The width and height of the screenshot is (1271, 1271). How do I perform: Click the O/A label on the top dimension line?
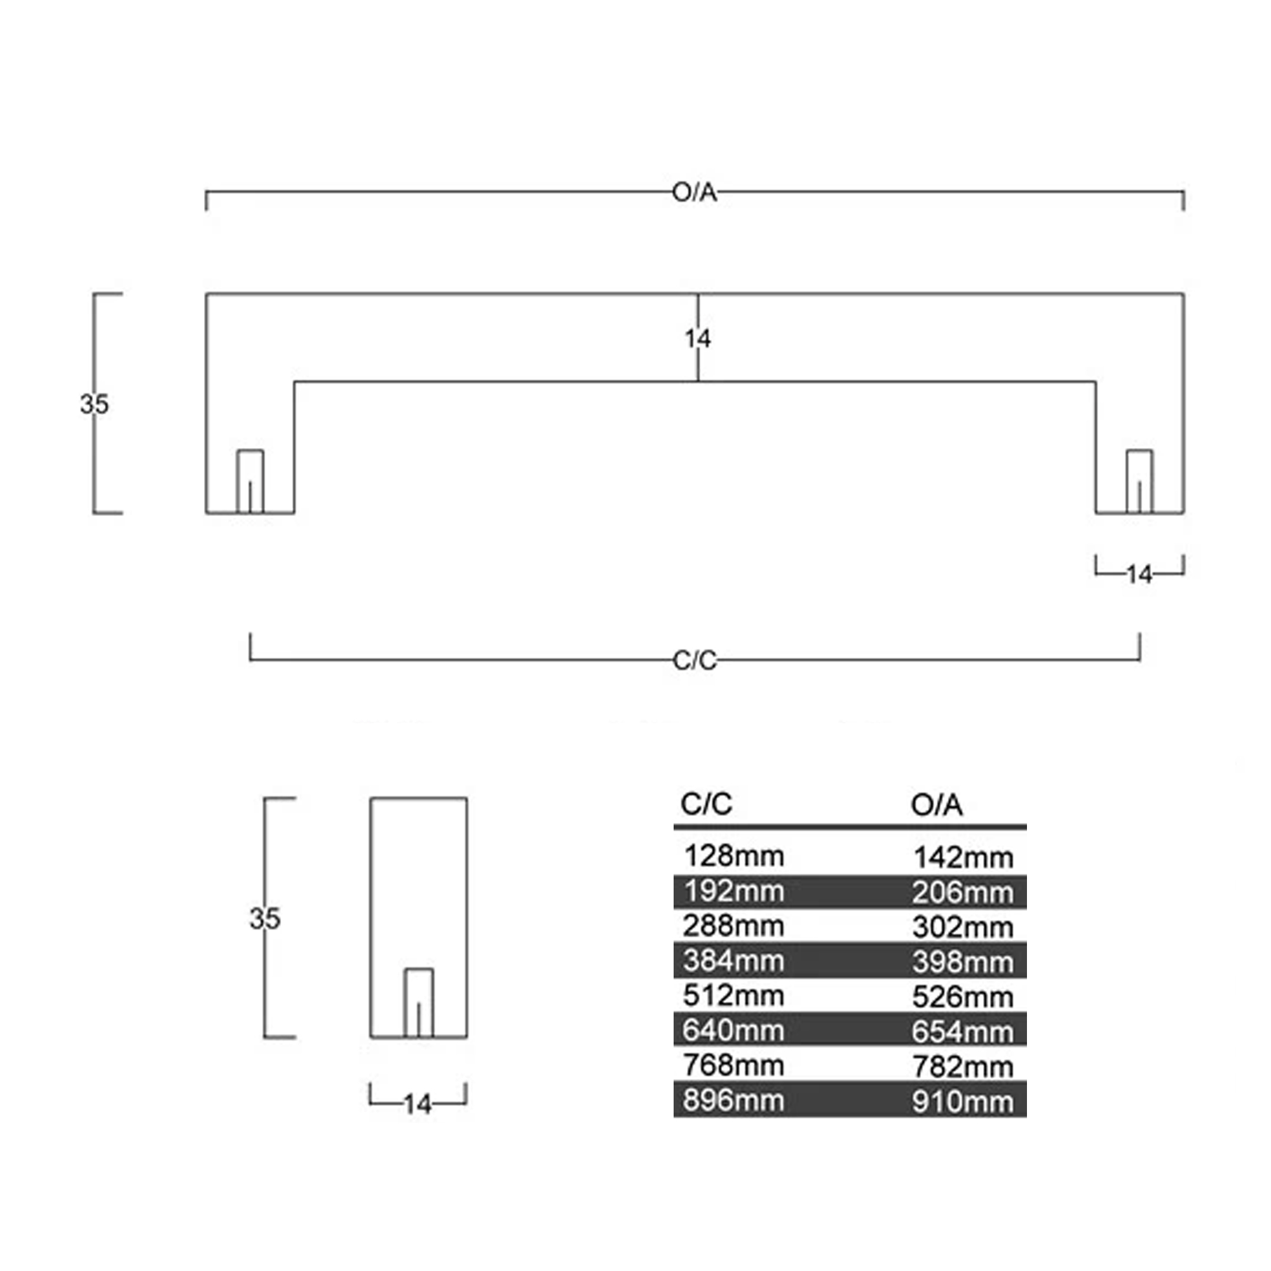tap(695, 193)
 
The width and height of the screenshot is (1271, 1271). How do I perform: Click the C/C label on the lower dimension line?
tap(695, 660)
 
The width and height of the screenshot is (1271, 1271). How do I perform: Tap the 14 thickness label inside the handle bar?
tap(698, 339)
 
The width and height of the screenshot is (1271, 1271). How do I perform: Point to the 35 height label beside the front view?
tap(94, 404)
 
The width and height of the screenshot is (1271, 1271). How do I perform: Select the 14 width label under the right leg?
tap(1139, 575)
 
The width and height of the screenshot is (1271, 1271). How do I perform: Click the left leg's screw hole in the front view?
tap(250, 482)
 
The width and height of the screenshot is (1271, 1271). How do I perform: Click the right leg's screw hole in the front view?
tap(1139, 482)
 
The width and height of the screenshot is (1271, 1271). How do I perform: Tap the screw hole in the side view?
tap(418, 1003)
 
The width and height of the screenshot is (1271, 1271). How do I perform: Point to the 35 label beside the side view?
tap(265, 918)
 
